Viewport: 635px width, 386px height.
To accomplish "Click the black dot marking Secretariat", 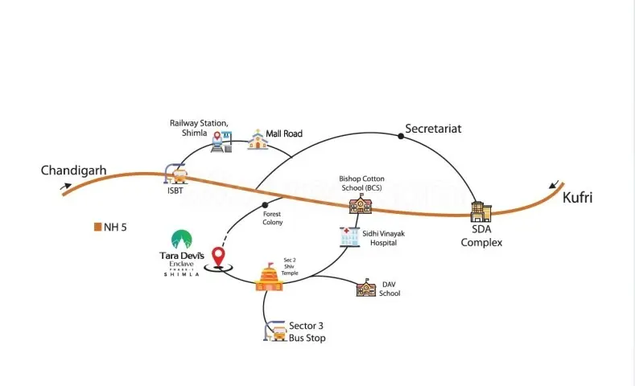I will [401, 136].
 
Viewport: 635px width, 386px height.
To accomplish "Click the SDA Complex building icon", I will [481, 212].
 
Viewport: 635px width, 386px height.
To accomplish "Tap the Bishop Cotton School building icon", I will [360, 203].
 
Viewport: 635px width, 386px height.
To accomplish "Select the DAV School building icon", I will [366, 288].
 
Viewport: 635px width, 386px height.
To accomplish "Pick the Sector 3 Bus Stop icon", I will [275, 331].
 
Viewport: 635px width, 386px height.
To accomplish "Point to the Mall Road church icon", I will [257, 139].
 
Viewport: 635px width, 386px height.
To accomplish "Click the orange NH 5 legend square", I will [97, 227].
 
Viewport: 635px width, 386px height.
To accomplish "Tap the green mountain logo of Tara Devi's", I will [181, 239].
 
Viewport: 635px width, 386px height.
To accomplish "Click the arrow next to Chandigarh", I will [65, 188].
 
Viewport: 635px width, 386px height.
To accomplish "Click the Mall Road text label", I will [285, 133].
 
